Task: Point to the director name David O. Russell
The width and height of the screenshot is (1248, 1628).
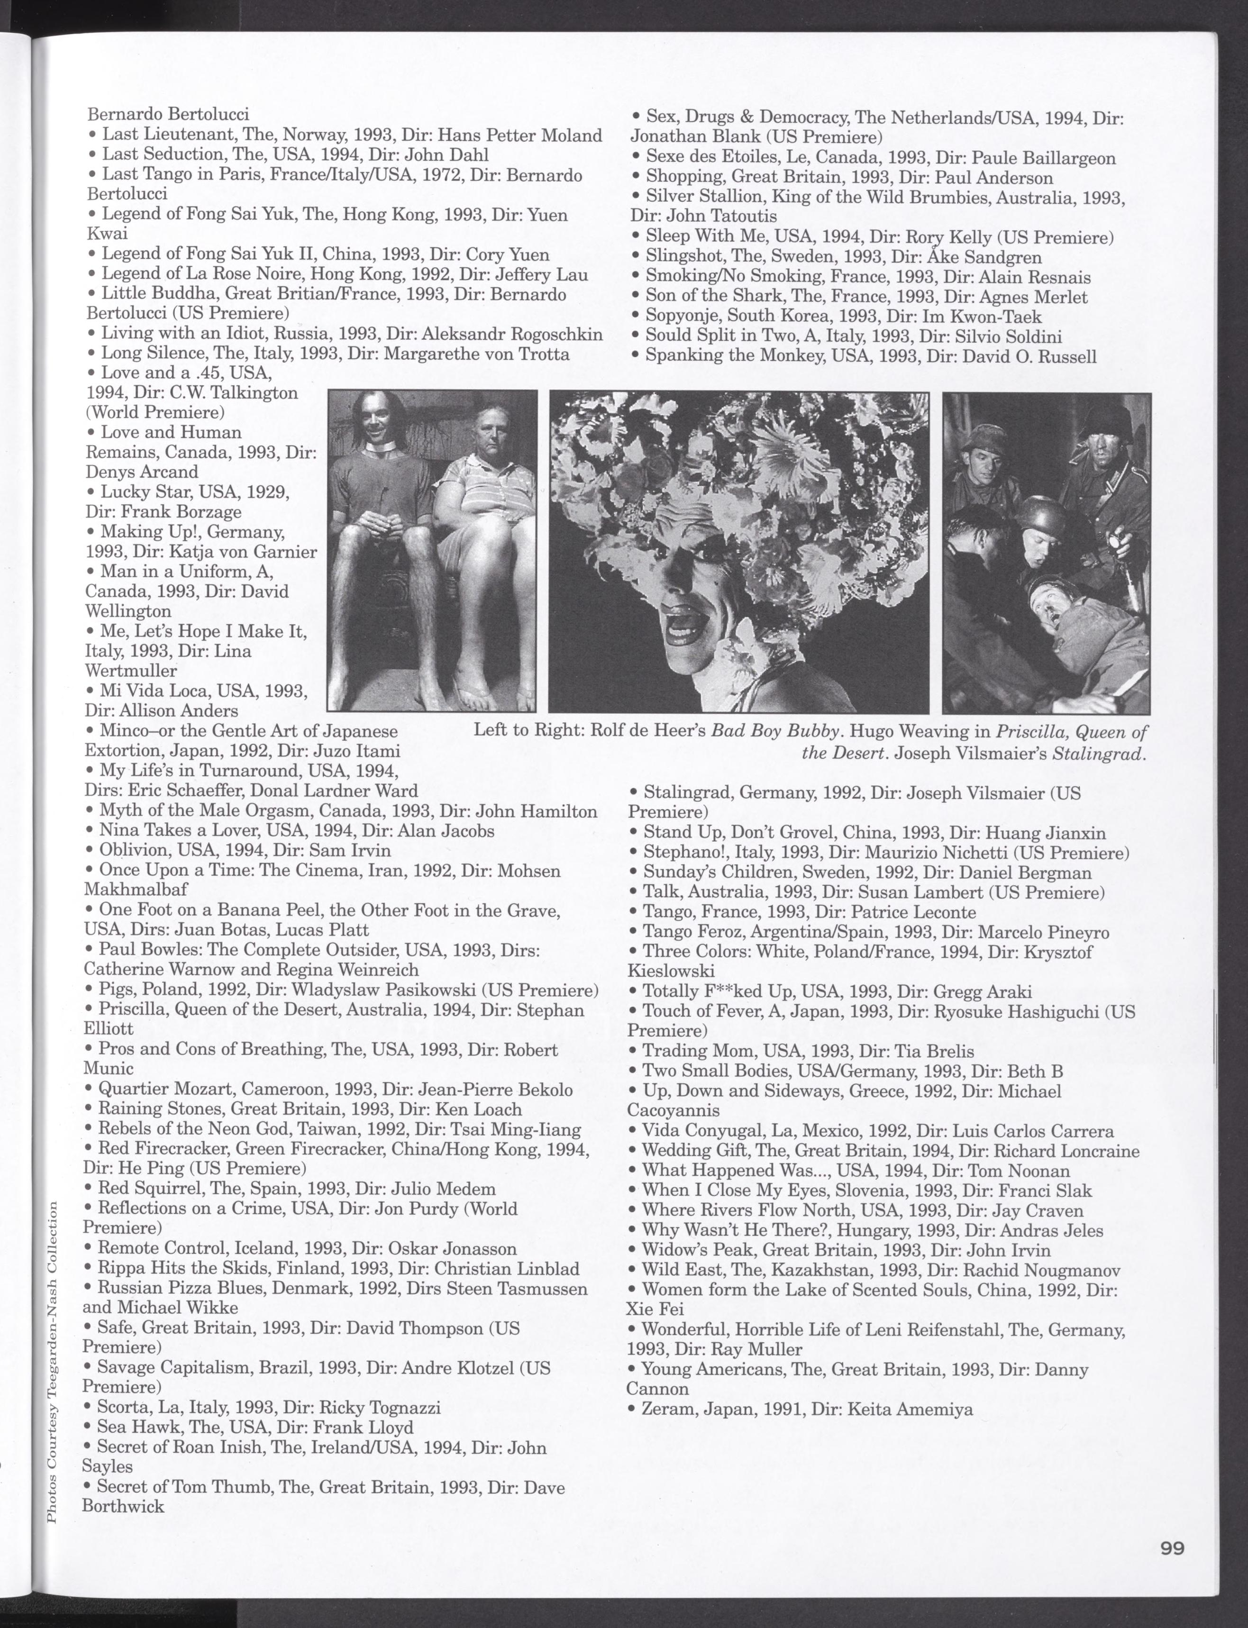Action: click(x=1029, y=356)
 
